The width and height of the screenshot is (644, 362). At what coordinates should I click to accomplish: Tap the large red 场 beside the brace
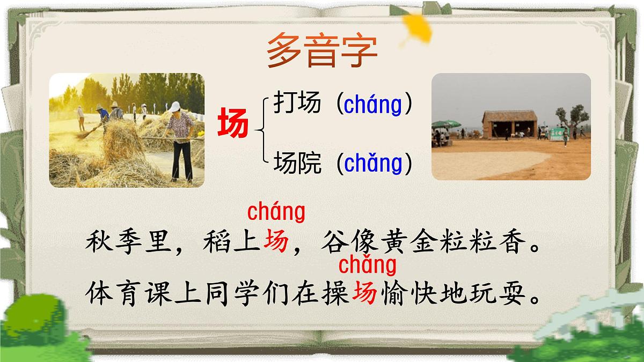pyautogui.click(x=233, y=123)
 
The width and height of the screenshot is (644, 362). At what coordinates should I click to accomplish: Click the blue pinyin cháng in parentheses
pyautogui.click(x=373, y=105)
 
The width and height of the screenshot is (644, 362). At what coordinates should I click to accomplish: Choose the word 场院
pyautogui.click(x=297, y=162)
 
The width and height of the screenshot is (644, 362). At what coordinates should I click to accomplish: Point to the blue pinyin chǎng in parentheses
pyautogui.click(x=373, y=164)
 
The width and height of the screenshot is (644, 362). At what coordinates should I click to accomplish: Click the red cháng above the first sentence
pyautogui.click(x=276, y=212)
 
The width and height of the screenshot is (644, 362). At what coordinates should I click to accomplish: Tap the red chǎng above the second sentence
pyautogui.click(x=368, y=265)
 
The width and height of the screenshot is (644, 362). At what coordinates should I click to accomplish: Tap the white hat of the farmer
pyautogui.click(x=175, y=106)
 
